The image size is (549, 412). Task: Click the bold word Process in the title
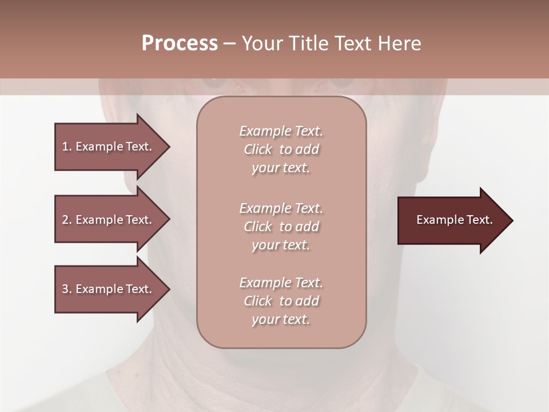pos(180,43)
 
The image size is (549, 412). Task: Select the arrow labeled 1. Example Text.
pos(109,146)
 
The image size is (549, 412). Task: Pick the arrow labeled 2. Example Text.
pos(109,220)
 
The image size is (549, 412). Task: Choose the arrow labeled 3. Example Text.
pos(109,289)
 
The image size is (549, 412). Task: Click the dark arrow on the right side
pos(452,220)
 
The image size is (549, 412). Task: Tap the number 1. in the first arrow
pos(67,146)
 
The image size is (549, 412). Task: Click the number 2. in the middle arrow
pos(67,220)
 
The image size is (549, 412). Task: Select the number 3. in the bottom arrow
pos(67,289)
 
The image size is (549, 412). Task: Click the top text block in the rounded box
pos(281,149)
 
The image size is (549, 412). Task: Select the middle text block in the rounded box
pos(281,227)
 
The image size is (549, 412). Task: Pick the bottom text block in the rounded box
pos(281,301)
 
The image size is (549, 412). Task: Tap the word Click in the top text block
pos(258,149)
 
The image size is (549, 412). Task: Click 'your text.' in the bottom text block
pos(281,319)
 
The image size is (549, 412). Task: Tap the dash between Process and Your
pos(230,43)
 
